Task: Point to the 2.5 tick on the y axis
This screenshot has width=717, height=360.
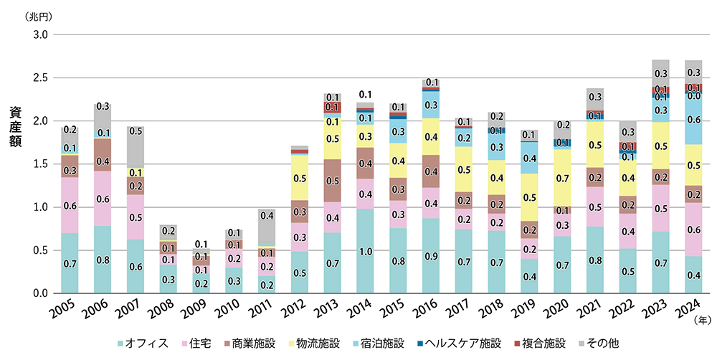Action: click(39, 77)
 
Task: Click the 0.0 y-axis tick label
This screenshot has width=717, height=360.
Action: click(39, 293)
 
